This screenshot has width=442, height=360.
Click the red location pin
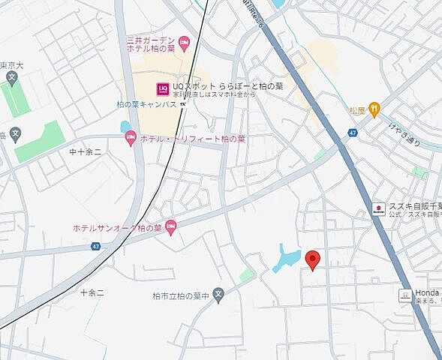click(x=314, y=259)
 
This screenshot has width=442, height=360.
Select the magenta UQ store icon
click(x=162, y=89)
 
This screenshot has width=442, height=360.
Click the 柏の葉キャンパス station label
click(x=146, y=105)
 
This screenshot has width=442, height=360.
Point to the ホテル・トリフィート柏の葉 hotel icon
click(x=131, y=139)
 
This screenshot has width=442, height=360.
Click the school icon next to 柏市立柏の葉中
click(x=218, y=295)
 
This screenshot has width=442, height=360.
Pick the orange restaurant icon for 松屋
click(x=374, y=110)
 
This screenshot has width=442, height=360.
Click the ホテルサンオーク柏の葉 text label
click(x=118, y=227)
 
